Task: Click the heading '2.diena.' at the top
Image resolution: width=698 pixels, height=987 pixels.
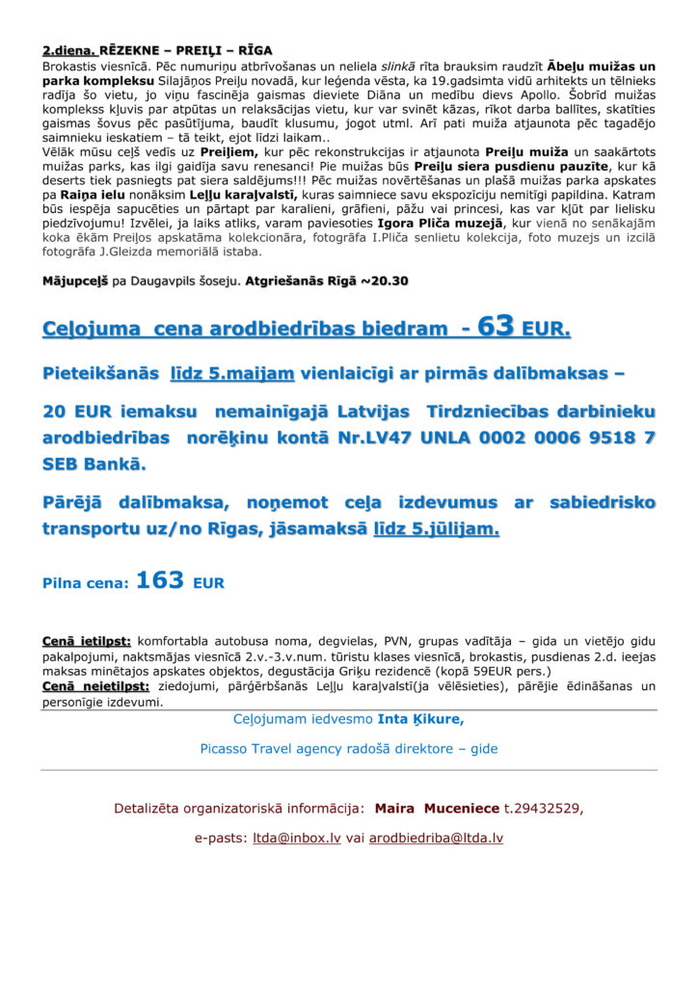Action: tap(68, 50)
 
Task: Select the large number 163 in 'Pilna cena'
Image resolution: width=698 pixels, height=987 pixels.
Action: tap(160, 581)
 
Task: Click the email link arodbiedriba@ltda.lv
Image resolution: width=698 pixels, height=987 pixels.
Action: tap(436, 839)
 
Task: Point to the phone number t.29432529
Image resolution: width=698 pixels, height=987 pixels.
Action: tap(544, 808)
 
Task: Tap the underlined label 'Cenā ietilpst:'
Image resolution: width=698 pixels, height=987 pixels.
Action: tap(88, 640)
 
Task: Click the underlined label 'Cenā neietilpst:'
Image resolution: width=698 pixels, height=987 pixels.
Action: tap(95, 686)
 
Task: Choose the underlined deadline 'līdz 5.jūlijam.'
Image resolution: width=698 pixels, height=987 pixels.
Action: tap(436, 529)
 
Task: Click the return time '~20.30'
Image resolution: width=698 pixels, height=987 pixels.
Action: tap(385, 281)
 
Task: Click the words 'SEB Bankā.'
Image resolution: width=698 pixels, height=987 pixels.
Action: tap(94, 465)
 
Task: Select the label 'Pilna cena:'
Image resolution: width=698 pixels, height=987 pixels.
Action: tap(85, 583)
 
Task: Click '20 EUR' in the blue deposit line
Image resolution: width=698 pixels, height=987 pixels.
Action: tap(78, 412)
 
